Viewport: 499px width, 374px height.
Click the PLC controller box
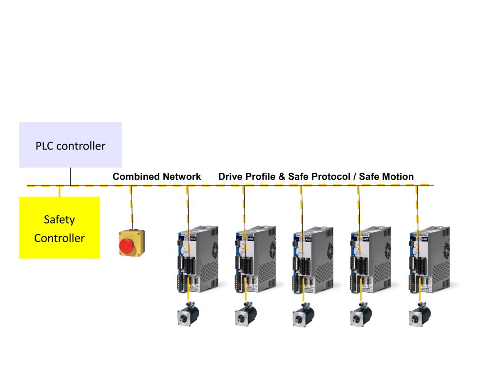tap(70, 145)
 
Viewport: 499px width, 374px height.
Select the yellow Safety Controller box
tap(59, 227)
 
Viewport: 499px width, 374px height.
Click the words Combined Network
tap(156, 177)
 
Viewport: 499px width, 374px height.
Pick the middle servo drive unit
tap(312, 258)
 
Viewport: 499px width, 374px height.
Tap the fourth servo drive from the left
tap(369, 258)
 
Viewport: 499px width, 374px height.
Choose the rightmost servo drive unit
tap(428, 258)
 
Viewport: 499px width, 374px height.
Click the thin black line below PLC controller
tap(71, 176)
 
